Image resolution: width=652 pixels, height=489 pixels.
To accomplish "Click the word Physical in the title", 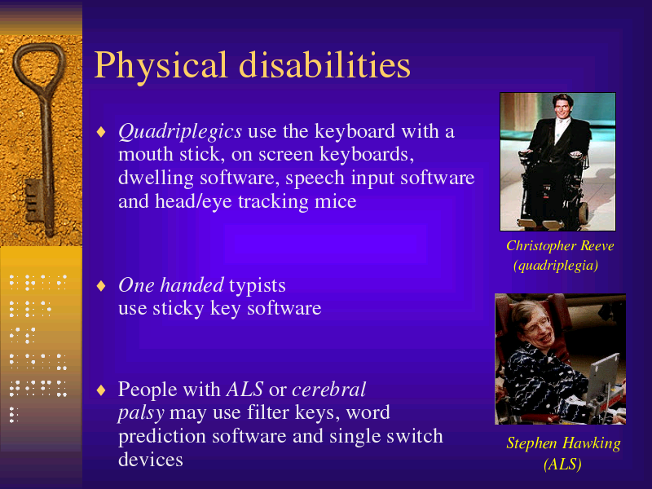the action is pos(161,65).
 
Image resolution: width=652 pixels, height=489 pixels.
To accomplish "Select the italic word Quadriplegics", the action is pos(180,132).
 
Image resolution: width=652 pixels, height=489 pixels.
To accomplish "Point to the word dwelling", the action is pos(156,178).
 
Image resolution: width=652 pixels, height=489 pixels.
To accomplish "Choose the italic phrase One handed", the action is pos(171,285).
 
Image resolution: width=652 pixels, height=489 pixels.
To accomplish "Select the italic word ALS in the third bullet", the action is pos(245,390).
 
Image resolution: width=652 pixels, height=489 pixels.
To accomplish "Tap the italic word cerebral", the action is pos(329,390).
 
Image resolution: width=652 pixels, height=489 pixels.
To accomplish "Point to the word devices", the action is pos(151,460).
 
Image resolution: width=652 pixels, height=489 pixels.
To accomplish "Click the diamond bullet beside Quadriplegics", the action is pos(101,132).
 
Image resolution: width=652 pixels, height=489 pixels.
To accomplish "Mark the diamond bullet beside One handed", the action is pos(101,286).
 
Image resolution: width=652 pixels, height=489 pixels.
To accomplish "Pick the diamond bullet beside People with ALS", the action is pos(101,390).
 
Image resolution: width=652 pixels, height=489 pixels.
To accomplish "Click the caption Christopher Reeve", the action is pos(560,246).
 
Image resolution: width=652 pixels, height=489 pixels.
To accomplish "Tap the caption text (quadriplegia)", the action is pos(556,266).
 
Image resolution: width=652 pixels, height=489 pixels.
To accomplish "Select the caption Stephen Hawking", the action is pos(563,443).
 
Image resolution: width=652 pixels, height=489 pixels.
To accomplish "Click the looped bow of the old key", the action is pos(16,63).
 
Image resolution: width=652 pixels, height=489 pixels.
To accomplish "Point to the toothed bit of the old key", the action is pos(33,200).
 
